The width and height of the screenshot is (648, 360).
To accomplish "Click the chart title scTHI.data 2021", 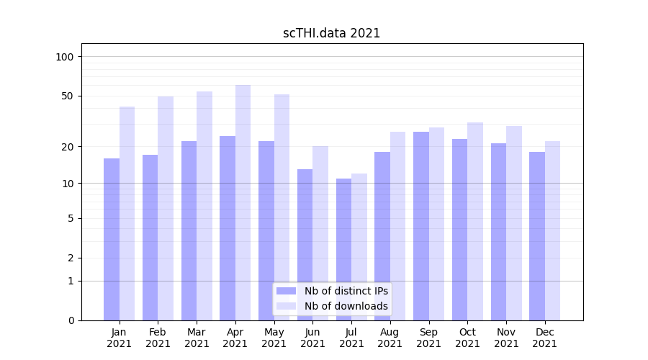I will point(331,33).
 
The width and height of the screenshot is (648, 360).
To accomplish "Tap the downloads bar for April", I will point(243,202).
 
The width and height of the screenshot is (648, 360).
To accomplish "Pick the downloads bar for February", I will point(166,208).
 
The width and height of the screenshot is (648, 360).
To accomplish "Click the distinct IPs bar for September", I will point(421,226).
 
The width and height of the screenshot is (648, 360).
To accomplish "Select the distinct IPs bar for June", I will point(305,245).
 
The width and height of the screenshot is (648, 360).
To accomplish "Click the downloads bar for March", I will point(204,206).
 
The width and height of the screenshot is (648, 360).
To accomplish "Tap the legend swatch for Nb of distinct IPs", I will point(286,291).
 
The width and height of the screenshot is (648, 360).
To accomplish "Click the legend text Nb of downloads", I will point(346,306).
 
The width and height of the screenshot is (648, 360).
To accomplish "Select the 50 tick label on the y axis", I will point(68,96).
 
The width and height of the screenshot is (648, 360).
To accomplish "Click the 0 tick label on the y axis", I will point(71,320).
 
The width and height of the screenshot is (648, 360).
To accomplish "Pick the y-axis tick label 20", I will point(68,147).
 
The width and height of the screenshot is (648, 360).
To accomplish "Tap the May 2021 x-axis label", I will point(274,338).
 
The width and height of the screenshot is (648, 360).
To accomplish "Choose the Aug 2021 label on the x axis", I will point(390,338).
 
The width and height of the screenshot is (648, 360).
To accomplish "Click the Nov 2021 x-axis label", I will point(506,338).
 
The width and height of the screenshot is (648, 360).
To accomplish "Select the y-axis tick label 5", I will point(71,218).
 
